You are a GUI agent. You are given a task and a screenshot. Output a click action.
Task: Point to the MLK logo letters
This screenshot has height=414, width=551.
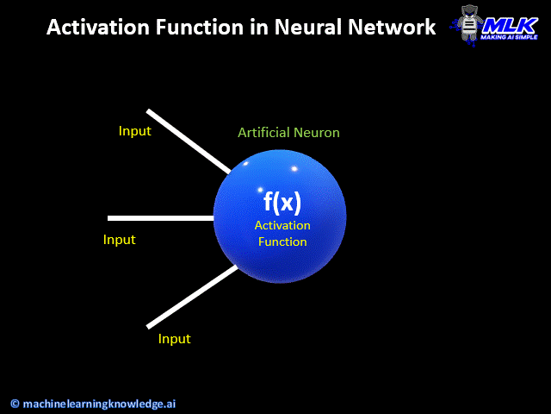point(510,24)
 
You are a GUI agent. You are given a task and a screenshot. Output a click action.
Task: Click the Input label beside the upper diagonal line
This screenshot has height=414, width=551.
point(134,131)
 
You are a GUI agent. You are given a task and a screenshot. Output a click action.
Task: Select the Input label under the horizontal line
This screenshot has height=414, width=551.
point(120,240)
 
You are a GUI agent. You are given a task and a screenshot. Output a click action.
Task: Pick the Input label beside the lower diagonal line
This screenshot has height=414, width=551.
point(174,339)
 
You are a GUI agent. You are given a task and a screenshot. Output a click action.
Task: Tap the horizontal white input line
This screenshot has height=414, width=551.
point(160,218)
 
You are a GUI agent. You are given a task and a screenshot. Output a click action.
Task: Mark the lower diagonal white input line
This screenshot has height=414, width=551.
point(192,298)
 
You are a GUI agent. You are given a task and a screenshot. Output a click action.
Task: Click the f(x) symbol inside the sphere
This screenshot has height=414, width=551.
point(282,202)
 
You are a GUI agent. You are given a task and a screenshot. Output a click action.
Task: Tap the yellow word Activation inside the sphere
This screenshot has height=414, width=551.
point(282,225)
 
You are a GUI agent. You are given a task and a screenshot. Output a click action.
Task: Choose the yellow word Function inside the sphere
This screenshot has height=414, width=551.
point(282,241)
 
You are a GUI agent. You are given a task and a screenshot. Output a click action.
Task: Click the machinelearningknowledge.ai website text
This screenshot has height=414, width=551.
point(99,403)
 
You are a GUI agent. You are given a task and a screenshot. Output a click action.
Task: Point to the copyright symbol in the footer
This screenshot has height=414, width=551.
point(15,403)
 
